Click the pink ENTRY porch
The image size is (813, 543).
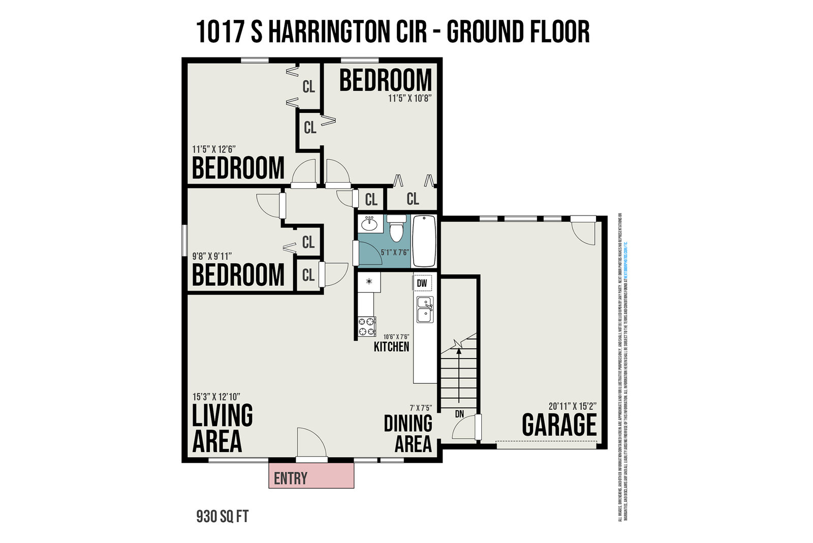[311, 476]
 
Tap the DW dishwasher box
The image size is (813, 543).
[422, 283]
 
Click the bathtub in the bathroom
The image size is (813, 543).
[424, 241]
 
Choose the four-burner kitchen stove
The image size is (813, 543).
[367, 326]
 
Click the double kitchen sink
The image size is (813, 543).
[424, 310]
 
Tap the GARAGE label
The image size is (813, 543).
[559, 425]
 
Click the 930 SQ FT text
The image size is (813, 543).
[223, 517]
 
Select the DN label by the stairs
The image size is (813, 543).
[459, 414]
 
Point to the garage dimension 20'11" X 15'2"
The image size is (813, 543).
[572, 406]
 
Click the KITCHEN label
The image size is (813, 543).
[391, 347]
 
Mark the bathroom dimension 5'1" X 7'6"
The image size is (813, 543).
[395, 252]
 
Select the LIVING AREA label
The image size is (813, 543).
[222, 428]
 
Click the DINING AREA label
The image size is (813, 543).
[408, 433]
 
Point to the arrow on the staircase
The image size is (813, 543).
[459, 371]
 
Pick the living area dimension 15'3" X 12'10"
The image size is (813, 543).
[216, 397]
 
